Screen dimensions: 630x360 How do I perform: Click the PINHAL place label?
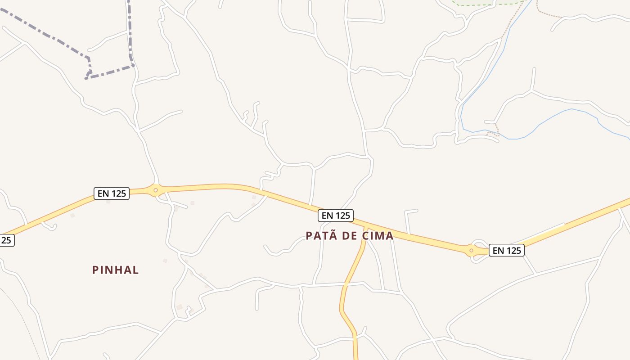coord(116,270)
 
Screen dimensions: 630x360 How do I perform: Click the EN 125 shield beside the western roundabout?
coord(112,193)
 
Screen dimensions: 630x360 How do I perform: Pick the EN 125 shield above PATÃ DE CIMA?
coord(336,216)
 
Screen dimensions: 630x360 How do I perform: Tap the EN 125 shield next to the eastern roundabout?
coord(507,250)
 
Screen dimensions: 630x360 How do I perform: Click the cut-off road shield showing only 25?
coord(6,240)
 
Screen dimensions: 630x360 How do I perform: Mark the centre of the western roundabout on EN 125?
coord(156,190)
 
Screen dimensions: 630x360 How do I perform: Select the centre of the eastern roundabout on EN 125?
coord(471,250)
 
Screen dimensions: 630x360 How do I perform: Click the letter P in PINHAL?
coord(95,270)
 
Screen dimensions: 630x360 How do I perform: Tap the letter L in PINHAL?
coord(135,270)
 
